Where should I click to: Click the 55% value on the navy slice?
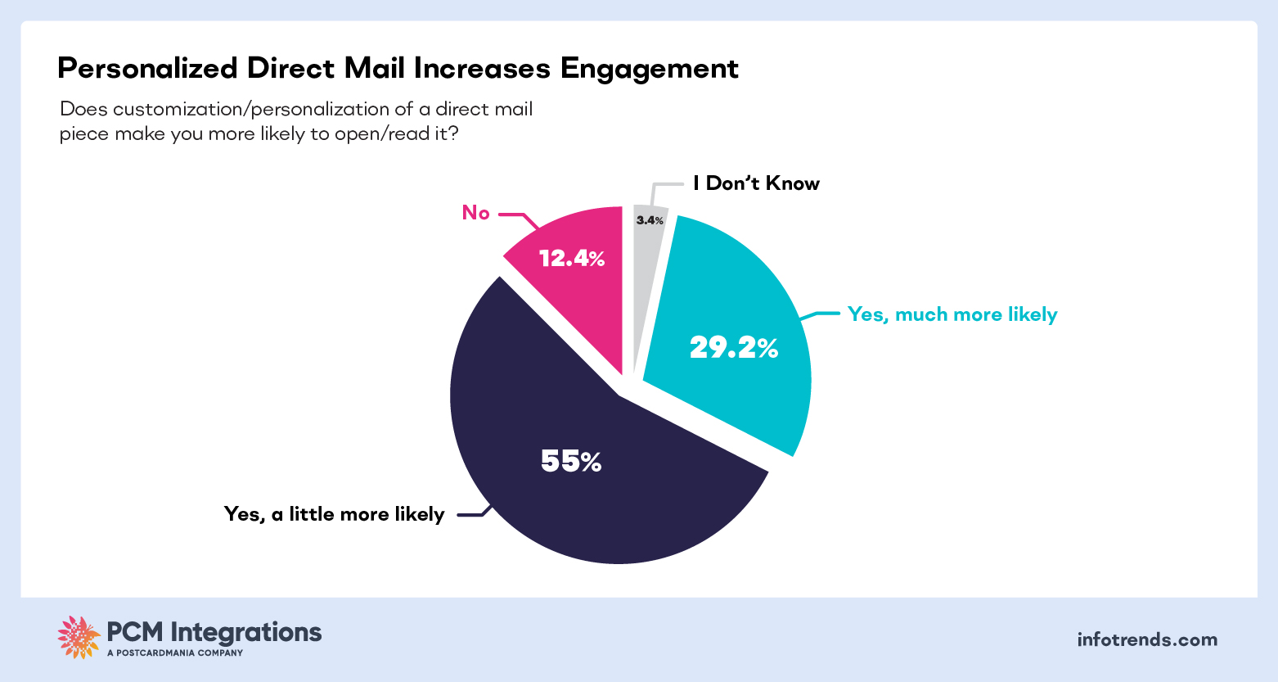(571, 463)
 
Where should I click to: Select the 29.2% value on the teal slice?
(733, 349)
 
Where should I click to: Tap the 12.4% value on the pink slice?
(572, 260)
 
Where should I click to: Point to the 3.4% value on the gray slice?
(650, 220)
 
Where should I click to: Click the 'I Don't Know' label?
(756, 183)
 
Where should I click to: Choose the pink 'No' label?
(475, 213)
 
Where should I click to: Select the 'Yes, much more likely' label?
(952, 314)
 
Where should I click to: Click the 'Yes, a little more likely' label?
(334, 514)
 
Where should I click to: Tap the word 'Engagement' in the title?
(649, 69)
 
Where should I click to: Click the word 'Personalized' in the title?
(147, 69)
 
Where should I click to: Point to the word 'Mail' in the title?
(374, 69)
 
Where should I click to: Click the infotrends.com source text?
(1147, 639)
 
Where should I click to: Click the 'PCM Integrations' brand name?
(214, 632)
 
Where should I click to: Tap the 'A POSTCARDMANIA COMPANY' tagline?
(175, 653)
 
